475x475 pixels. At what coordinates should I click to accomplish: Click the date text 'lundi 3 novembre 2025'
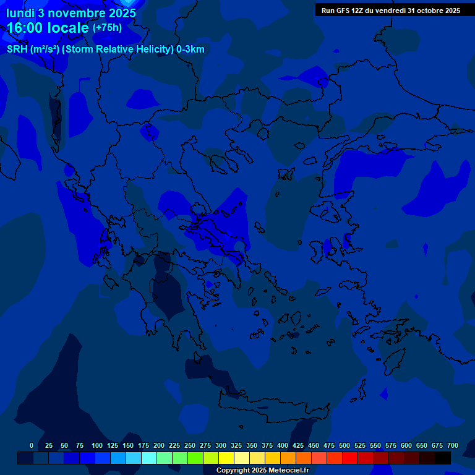tap(71, 12)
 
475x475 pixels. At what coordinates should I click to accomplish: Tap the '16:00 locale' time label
tap(48, 28)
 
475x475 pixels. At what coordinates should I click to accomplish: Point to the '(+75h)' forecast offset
tap(107, 28)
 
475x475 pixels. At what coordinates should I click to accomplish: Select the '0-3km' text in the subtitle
tap(190, 49)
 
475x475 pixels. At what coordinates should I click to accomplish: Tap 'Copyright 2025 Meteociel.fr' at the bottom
tap(262, 470)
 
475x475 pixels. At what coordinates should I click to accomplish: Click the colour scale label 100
tap(97, 445)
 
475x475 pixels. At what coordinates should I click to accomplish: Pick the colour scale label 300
tap(221, 445)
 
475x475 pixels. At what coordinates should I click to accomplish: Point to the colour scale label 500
tap(344, 445)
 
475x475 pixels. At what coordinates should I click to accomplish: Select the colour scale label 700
tap(453, 445)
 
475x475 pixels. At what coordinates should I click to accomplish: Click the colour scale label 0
tap(32, 445)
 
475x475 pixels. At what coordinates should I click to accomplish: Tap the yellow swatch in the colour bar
tap(226, 458)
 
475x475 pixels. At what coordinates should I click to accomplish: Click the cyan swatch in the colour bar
tap(149, 458)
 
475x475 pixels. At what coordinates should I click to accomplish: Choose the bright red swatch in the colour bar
tap(350, 458)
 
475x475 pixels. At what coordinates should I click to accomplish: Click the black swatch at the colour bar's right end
tap(443, 458)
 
